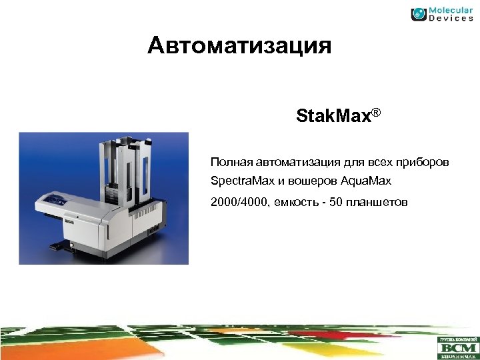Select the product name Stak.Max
click(333, 118)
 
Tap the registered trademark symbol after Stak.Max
click(376, 113)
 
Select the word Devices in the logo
click(451, 19)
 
